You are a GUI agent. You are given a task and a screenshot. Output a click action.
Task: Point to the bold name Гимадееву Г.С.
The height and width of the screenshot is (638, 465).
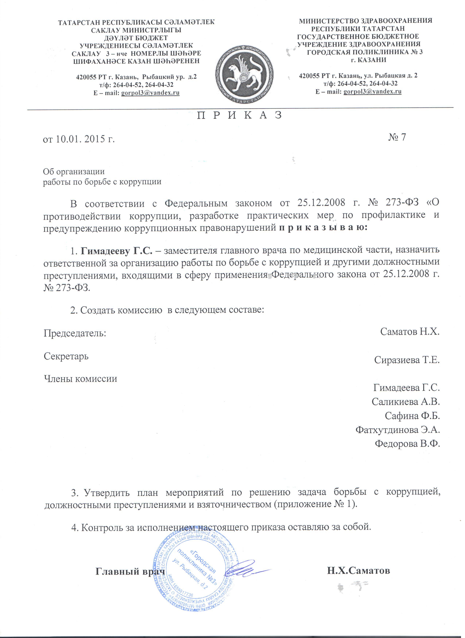click(x=117, y=251)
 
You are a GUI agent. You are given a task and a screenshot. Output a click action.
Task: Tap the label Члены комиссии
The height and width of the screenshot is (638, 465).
click(x=80, y=379)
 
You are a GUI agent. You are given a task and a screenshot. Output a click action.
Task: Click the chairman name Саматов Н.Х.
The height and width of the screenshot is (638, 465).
click(x=410, y=332)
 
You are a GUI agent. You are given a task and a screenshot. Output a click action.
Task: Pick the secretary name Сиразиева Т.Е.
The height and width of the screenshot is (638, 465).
click(x=407, y=360)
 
